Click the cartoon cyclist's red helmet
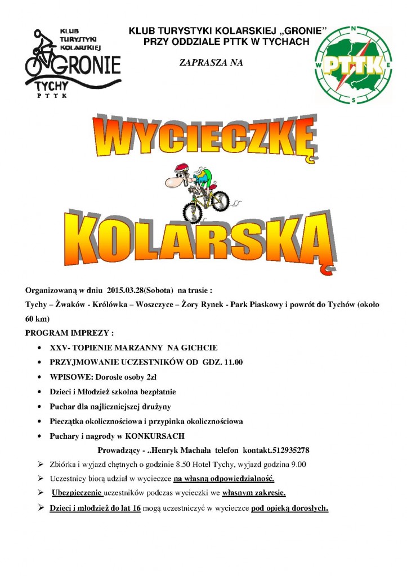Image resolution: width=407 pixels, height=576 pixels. coord(181,168)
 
